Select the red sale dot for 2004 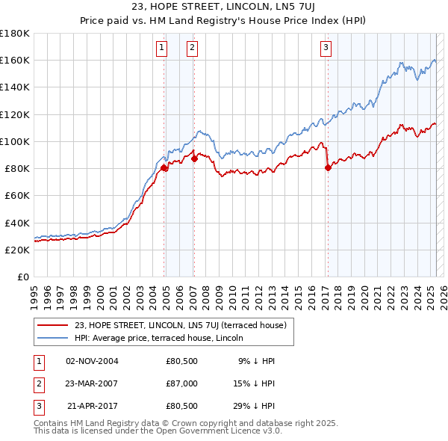(x=164, y=168)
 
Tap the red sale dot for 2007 (x=194, y=158)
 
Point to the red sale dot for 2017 (x=328, y=168)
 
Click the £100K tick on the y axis (x=14, y=141)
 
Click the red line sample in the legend (x=53, y=325)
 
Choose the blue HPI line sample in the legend (x=53, y=337)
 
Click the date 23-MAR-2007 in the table (x=91, y=384)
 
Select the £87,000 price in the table (x=181, y=384)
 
